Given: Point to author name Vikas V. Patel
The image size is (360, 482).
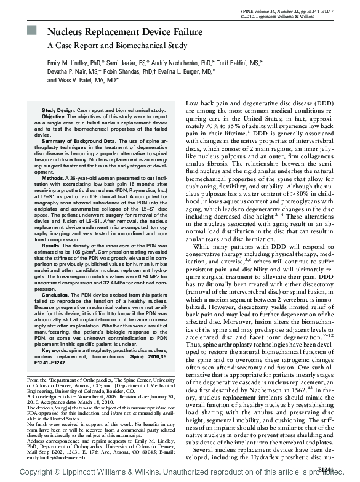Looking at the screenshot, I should [84, 80].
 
